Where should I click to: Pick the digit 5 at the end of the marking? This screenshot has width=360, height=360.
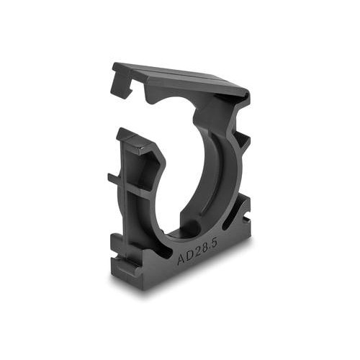click(215, 243)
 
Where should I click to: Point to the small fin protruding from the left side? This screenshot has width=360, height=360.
click(114, 178)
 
